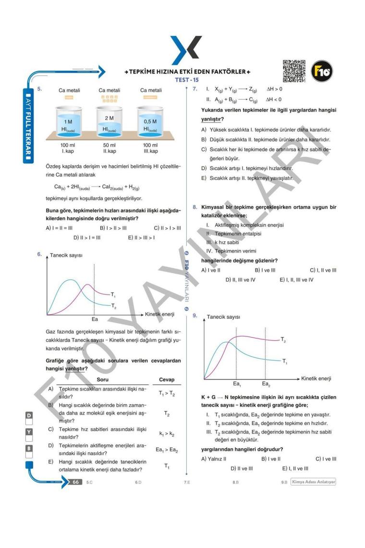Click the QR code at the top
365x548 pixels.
coord(294,70)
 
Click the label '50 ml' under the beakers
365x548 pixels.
coord(109,145)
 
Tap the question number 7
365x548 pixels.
coord(194,90)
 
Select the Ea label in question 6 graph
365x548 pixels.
coord(95,318)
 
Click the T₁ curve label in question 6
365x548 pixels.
coord(113,294)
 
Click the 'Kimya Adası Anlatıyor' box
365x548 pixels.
coord(313,481)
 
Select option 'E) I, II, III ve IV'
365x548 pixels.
coord(296,279)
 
